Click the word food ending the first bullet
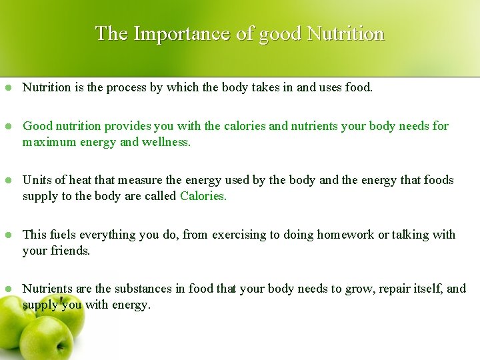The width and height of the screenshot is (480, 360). point(359,87)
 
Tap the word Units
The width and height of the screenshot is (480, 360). point(36,180)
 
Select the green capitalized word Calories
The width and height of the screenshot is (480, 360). point(203,196)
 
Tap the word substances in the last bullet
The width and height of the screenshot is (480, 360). point(150,289)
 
